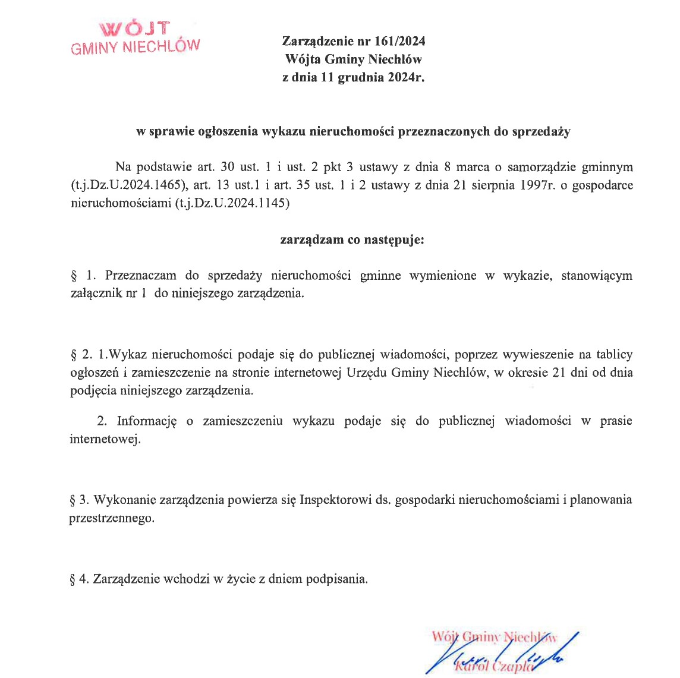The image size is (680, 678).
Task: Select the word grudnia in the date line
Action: (361, 78)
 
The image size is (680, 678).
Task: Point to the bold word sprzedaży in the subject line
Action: (542, 132)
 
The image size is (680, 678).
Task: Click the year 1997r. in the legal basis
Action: (540, 185)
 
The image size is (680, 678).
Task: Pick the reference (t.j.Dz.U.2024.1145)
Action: (232, 203)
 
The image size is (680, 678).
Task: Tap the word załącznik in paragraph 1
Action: (96, 294)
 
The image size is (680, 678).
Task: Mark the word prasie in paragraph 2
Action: (616, 421)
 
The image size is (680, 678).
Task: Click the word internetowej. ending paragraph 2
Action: (105, 440)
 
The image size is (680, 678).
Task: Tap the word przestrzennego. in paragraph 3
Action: (112, 518)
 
